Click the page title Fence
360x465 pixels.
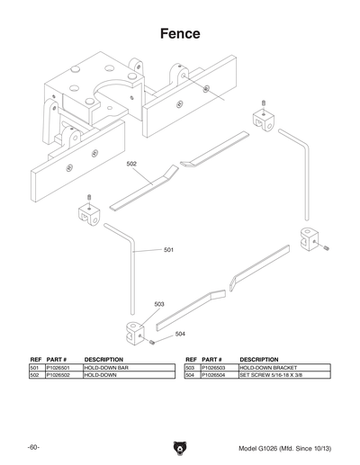180,34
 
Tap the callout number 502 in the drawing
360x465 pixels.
131,165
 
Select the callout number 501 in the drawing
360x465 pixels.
168,249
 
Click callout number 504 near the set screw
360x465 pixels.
180,334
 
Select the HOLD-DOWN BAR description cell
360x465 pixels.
107,368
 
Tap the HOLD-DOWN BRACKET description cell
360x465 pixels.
267,368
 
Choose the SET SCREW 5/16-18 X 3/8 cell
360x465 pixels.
272,375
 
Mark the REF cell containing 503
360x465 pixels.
190,368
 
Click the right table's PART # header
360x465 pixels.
211,359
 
